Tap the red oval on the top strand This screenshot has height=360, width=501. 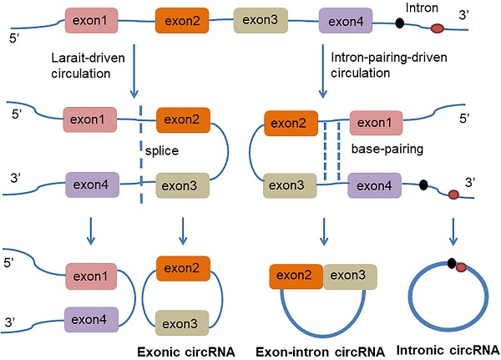pyautogui.click(x=437, y=31)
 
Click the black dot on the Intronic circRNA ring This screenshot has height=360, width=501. pyautogui.click(x=450, y=266)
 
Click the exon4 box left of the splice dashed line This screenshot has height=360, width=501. pyautogui.click(x=93, y=182)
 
